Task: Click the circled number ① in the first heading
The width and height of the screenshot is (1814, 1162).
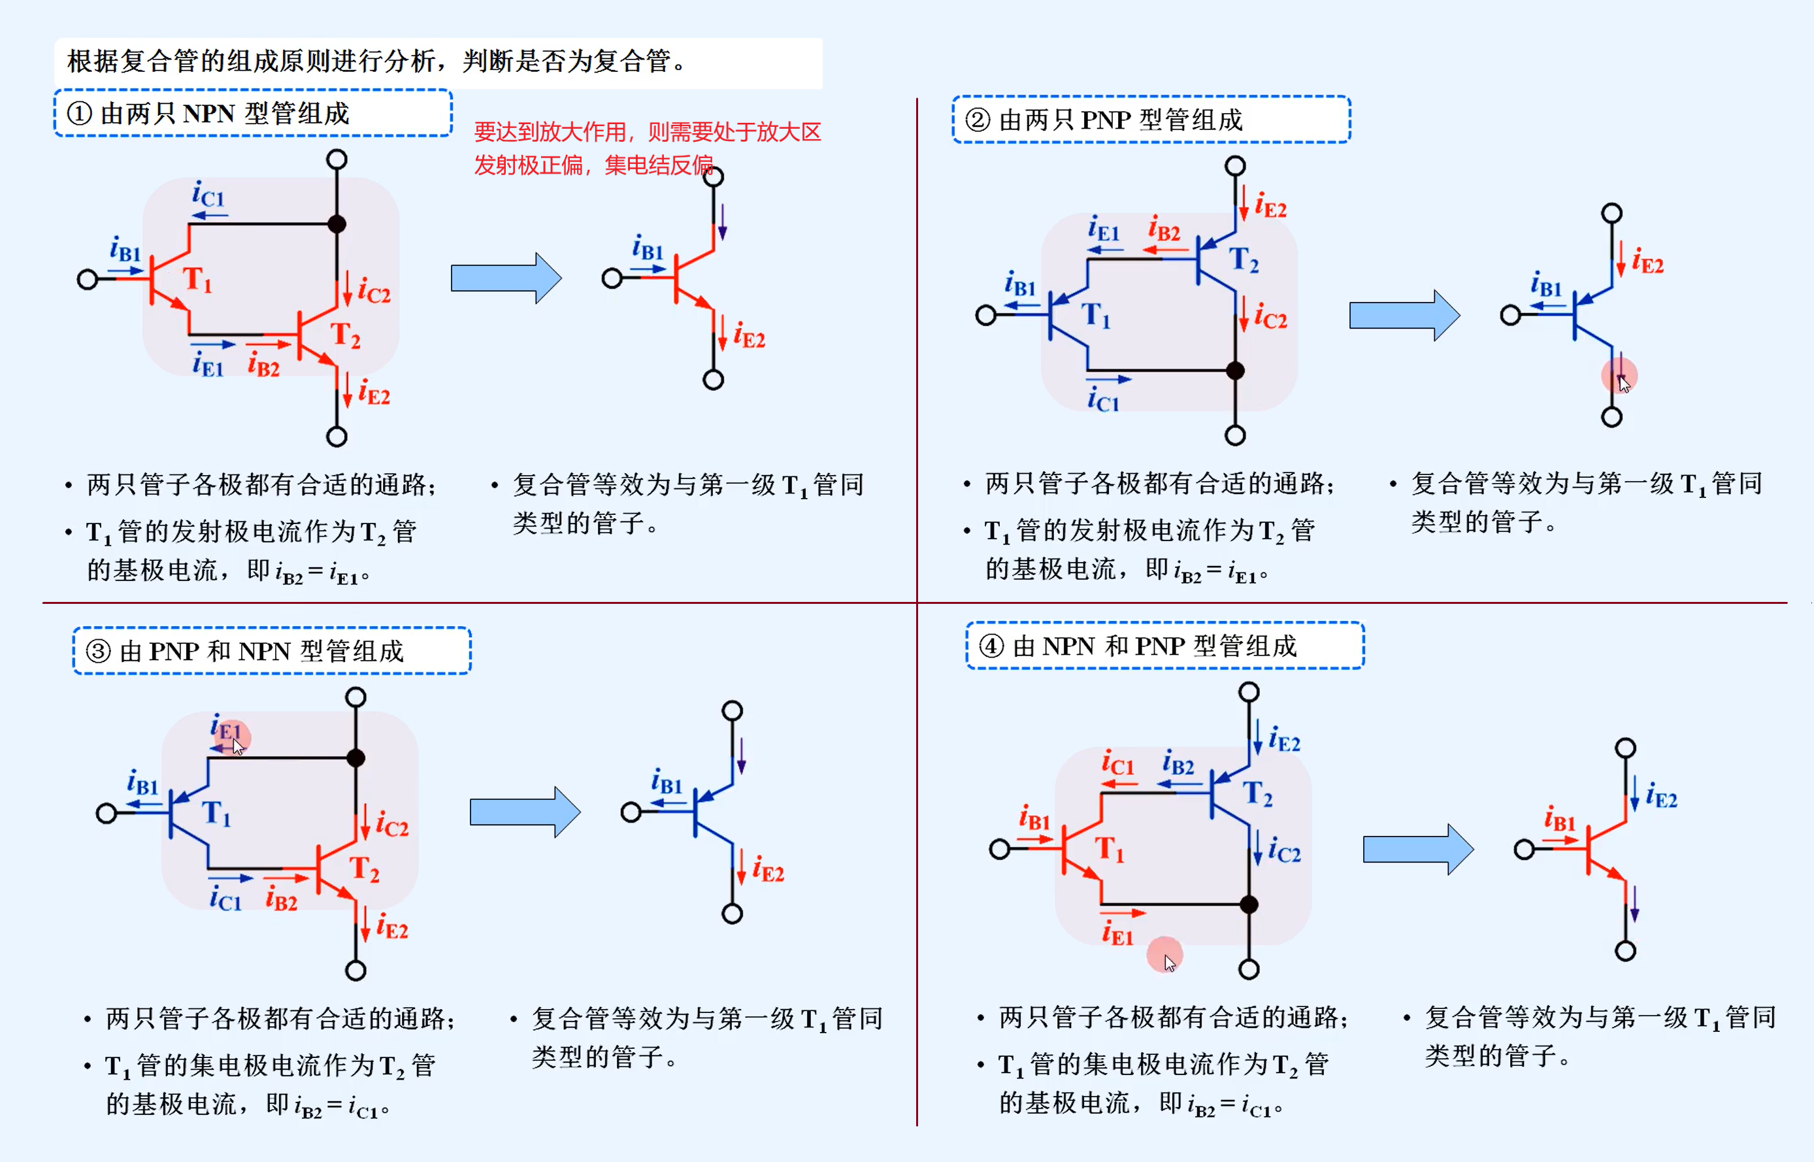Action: (x=80, y=114)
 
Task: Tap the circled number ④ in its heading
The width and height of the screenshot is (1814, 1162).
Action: (x=991, y=646)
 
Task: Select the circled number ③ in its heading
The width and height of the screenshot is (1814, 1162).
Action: (x=99, y=651)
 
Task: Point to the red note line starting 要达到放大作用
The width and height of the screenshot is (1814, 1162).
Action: (x=646, y=132)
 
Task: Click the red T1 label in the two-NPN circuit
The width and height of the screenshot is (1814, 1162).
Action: (x=197, y=280)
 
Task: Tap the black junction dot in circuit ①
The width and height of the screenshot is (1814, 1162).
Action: (x=337, y=224)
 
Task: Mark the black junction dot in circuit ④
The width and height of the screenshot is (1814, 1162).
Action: (x=1249, y=904)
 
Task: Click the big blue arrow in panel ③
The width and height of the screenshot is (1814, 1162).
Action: (x=525, y=812)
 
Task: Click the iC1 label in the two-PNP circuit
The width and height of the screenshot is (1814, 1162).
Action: (x=1103, y=399)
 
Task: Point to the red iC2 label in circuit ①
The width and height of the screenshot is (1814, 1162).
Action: (x=374, y=290)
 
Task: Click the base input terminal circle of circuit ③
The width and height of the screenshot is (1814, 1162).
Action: (x=107, y=814)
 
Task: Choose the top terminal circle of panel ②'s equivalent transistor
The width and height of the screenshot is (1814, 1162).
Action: (x=1612, y=214)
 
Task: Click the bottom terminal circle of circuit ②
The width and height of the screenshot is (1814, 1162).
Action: (x=1235, y=435)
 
